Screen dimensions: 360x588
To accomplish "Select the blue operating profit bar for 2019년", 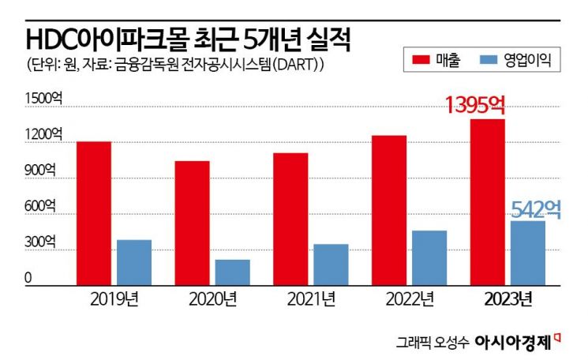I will pyautogui.click(x=133, y=262).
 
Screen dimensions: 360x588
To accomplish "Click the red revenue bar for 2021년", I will pyautogui.click(x=290, y=219).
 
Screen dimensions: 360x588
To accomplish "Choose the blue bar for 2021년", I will pyautogui.click(x=330, y=264).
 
